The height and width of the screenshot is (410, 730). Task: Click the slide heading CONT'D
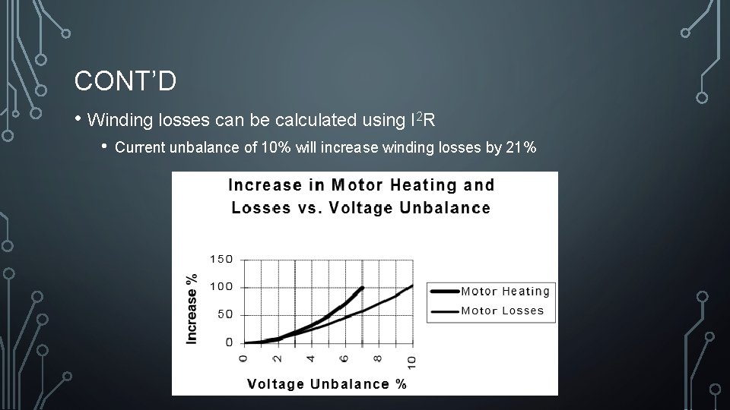click(x=125, y=80)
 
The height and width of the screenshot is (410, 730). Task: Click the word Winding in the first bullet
click(x=120, y=120)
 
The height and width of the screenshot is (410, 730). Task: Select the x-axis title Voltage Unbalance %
click(x=327, y=383)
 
